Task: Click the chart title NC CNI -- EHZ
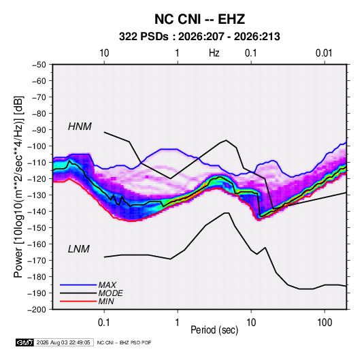pos(199,19)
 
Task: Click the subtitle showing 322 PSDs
pos(199,37)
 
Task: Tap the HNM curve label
pos(80,127)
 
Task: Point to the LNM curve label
pos(79,249)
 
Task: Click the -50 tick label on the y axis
pos(39,65)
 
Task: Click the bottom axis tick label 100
pos(325,323)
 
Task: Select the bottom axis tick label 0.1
pos(104,323)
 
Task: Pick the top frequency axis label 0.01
pos(324,53)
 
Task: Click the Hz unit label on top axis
pos(214,53)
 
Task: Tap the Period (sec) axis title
pos(214,330)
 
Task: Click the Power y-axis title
pos(18,187)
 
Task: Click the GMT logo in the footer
pos(24,342)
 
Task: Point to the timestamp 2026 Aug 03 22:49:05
pos(63,342)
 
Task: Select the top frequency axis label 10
pos(104,53)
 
